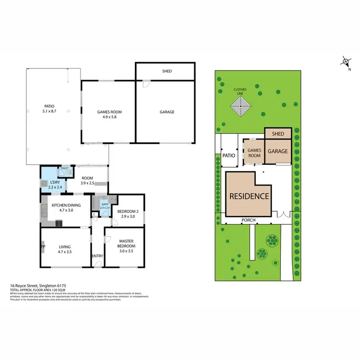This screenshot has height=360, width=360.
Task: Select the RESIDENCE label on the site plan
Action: (x=249, y=196)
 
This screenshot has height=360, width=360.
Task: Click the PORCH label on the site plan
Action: (x=249, y=220)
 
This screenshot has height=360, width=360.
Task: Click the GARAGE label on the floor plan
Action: (x=167, y=112)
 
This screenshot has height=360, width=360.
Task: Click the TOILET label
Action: (x=64, y=168)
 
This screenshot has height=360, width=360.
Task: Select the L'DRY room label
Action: (x=54, y=183)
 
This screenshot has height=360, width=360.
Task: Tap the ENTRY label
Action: (x=97, y=255)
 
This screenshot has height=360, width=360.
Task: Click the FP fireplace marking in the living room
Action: (x=43, y=247)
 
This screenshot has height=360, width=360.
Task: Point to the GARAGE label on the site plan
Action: (x=277, y=151)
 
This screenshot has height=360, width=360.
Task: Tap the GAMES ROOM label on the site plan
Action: (x=254, y=153)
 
